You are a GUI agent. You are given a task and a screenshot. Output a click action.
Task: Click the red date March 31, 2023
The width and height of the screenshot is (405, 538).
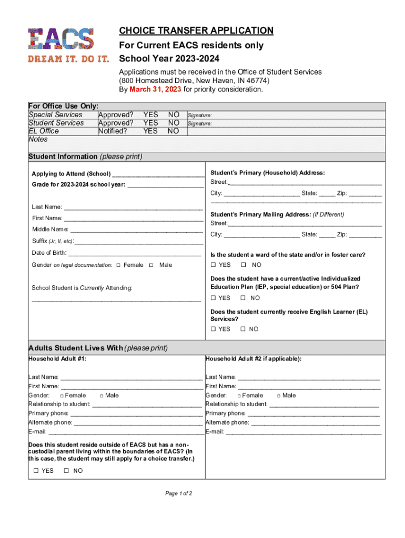coord(155,89)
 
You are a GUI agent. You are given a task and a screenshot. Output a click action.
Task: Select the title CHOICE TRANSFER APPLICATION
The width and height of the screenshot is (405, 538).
coord(196,30)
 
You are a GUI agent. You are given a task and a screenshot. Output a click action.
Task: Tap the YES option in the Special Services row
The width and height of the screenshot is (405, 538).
coord(150,115)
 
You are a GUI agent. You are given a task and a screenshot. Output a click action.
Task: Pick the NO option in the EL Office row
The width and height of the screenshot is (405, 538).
coord(174,131)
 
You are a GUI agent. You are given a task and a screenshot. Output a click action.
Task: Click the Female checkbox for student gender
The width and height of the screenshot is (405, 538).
coord(118,265)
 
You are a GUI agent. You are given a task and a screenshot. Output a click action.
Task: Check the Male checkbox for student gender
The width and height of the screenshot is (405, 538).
coord(151,265)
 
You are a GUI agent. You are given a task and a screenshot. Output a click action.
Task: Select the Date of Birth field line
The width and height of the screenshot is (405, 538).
coord(134,254)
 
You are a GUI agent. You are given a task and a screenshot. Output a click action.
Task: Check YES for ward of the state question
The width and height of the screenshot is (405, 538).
coord(214,265)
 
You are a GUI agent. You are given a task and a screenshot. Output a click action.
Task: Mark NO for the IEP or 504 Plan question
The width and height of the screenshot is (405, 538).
coord(243,298)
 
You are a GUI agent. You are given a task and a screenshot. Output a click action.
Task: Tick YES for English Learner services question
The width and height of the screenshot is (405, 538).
coord(214,329)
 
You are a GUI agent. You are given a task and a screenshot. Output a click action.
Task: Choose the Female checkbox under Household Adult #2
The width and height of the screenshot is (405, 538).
coord(239,396)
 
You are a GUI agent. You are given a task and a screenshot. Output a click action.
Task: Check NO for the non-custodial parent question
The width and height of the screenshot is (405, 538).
coord(66,471)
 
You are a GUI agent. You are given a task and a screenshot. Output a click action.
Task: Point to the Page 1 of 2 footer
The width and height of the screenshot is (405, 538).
coord(178,493)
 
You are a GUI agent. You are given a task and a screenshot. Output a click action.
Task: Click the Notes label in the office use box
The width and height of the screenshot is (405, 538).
coord(38,139)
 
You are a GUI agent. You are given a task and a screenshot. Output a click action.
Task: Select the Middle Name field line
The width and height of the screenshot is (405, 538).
coord(136,230)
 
